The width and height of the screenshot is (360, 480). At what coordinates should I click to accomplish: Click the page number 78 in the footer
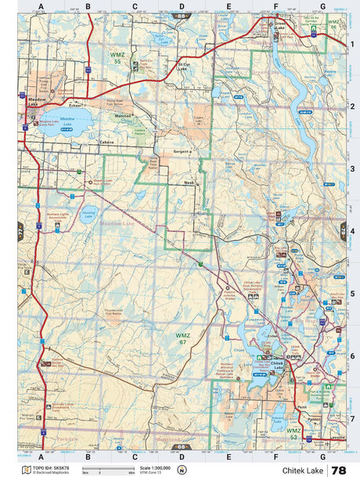pyautogui.click(x=339, y=470)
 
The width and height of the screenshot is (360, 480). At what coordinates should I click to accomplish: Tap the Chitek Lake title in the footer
pyautogui.click(x=301, y=471)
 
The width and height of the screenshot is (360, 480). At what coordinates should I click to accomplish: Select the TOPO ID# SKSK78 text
pyautogui.click(x=48, y=467)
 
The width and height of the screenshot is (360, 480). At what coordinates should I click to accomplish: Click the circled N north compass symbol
pyautogui.click(x=182, y=470)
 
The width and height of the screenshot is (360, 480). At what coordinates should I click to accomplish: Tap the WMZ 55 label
pyautogui.click(x=118, y=58)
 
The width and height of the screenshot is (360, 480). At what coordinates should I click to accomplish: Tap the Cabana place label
pyautogui.click(x=108, y=143)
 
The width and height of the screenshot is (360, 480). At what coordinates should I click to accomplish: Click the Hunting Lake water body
pyautogui.click(x=88, y=213)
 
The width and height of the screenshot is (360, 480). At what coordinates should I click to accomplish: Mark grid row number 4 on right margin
pyautogui.click(x=353, y=231)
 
